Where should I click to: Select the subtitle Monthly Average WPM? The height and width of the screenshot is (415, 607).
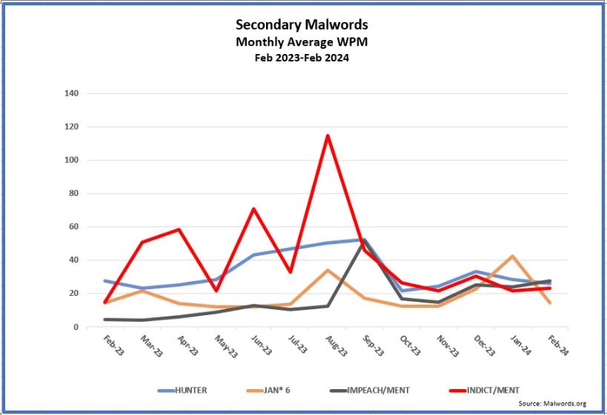[x=302, y=42]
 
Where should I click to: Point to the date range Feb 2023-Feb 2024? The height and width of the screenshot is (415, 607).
[x=302, y=57]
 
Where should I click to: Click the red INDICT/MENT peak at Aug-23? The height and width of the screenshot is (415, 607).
[x=327, y=135]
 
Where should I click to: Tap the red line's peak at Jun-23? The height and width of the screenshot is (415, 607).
[x=253, y=209]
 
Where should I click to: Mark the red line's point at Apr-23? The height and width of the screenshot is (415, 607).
[x=179, y=229]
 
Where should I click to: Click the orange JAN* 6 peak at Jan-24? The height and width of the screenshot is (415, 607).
[x=512, y=256]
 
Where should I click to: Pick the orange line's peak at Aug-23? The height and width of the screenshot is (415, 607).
[x=327, y=270]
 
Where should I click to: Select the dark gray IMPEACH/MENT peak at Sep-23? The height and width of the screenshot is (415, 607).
[x=364, y=240]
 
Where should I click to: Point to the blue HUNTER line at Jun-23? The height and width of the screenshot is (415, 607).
[x=253, y=254]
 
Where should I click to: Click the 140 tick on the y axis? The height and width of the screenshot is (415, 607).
[x=73, y=94]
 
